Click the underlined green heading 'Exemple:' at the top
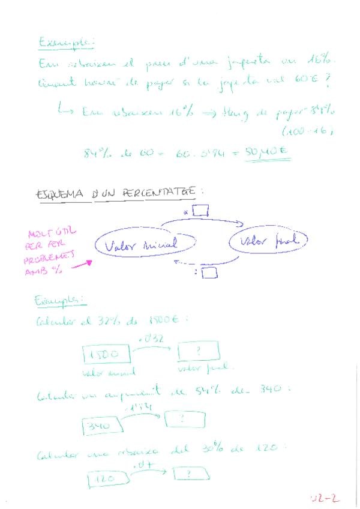point(66,43)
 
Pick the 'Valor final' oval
point(268,241)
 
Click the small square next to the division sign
point(209,273)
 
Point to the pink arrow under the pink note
point(82,263)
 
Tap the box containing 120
point(108,480)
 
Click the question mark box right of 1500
point(198,351)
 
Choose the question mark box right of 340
point(185,418)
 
